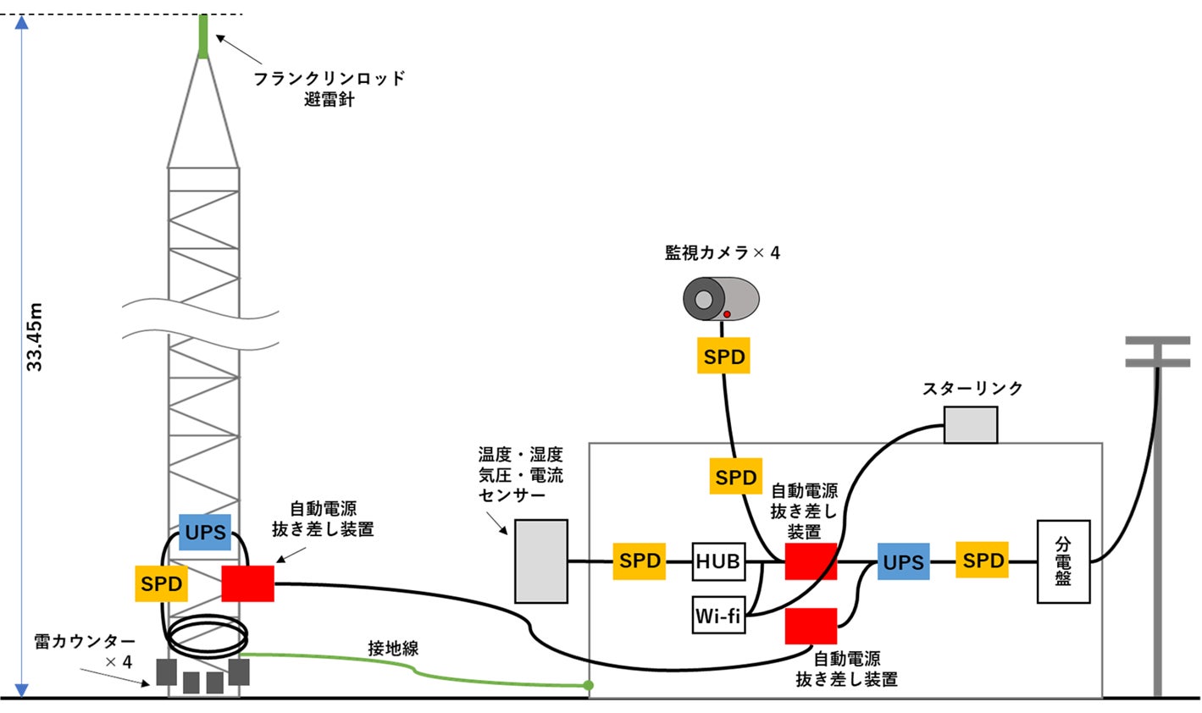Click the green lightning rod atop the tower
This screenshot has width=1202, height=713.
(x=203, y=36)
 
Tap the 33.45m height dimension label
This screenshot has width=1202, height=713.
(x=35, y=336)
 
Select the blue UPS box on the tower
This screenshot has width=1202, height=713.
(x=205, y=532)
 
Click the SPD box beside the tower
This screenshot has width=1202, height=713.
(x=161, y=584)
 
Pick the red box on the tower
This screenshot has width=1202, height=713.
(x=247, y=583)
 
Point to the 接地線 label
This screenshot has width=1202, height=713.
(x=393, y=649)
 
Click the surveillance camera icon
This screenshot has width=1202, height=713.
(x=721, y=299)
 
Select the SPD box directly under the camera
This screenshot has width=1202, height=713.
(x=723, y=356)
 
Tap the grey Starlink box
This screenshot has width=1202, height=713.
(x=971, y=424)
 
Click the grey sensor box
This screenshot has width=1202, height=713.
(x=541, y=561)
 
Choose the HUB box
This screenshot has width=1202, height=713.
(x=718, y=561)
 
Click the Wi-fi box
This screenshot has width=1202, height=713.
(x=718, y=616)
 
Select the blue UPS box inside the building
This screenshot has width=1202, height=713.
(x=903, y=561)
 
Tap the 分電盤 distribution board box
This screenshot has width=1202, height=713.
(x=1063, y=561)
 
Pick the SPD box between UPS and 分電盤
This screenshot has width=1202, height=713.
(x=983, y=561)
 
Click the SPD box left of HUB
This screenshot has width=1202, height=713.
(x=640, y=561)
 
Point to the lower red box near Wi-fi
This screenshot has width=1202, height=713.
(x=811, y=626)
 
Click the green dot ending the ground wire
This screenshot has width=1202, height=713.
(x=588, y=685)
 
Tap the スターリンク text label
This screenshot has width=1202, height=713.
(x=972, y=389)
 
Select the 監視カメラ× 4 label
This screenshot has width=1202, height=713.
(x=722, y=252)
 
